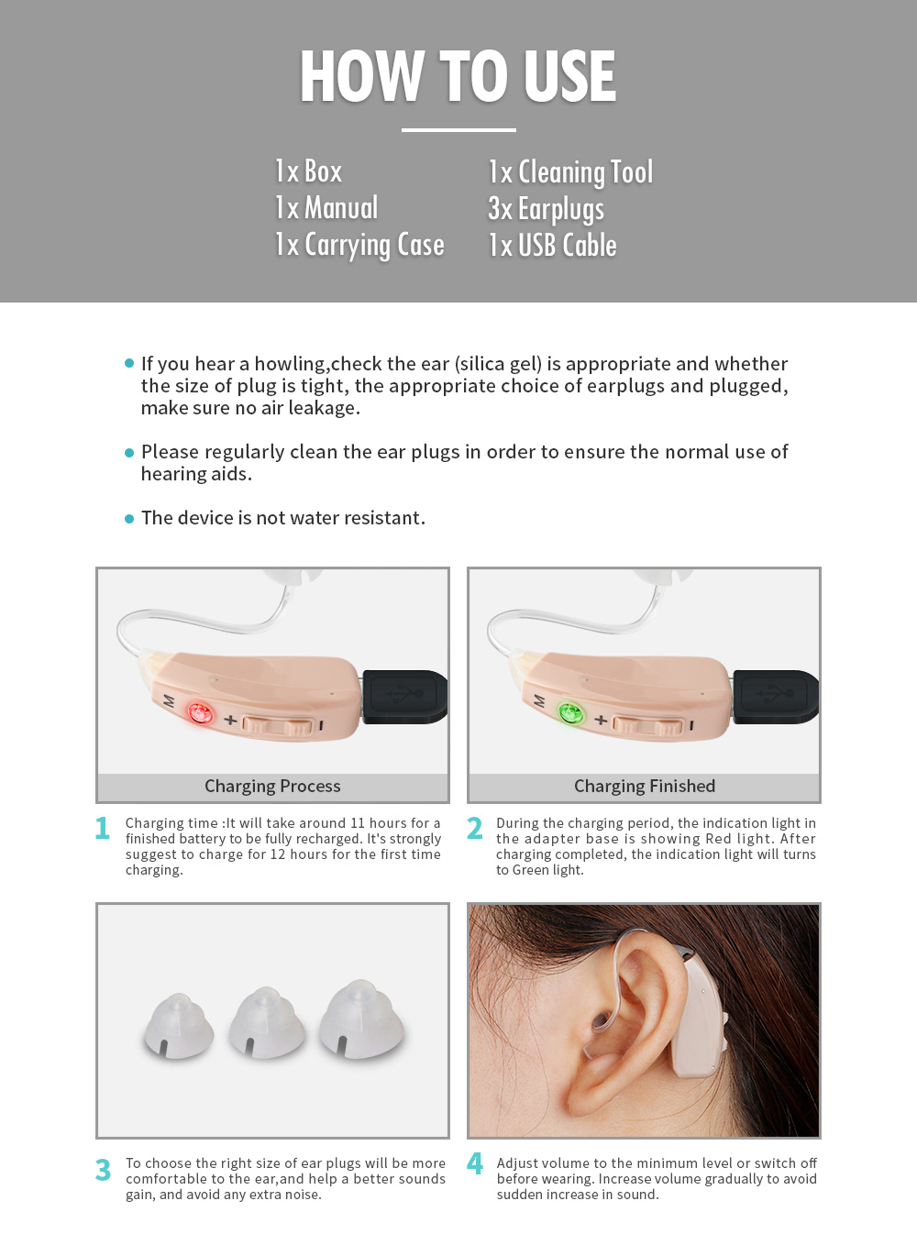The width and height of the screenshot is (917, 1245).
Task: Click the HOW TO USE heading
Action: (458, 76)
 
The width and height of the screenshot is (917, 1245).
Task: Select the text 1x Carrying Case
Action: (359, 245)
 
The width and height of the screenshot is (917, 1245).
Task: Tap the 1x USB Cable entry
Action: (552, 245)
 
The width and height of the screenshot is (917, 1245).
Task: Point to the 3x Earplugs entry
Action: (546, 209)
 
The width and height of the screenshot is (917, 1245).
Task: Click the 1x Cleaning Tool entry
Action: (570, 172)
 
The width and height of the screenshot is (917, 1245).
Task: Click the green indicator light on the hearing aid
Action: (570, 712)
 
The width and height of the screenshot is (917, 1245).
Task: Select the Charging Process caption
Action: (272, 787)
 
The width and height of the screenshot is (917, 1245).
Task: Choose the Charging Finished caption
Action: (645, 787)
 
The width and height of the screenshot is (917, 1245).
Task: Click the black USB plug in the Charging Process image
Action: (404, 697)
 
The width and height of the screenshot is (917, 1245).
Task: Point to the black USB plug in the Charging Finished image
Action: (776, 697)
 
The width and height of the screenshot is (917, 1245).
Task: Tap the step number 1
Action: (103, 829)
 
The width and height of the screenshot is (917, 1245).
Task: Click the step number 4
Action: (475, 1163)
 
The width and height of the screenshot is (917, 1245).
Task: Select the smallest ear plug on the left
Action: (179, 1026)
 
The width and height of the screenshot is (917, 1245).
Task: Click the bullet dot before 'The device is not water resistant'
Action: (129, 519)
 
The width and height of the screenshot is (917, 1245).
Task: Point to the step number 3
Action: (103, 1170)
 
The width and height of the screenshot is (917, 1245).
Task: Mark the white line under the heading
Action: (458, 130)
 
